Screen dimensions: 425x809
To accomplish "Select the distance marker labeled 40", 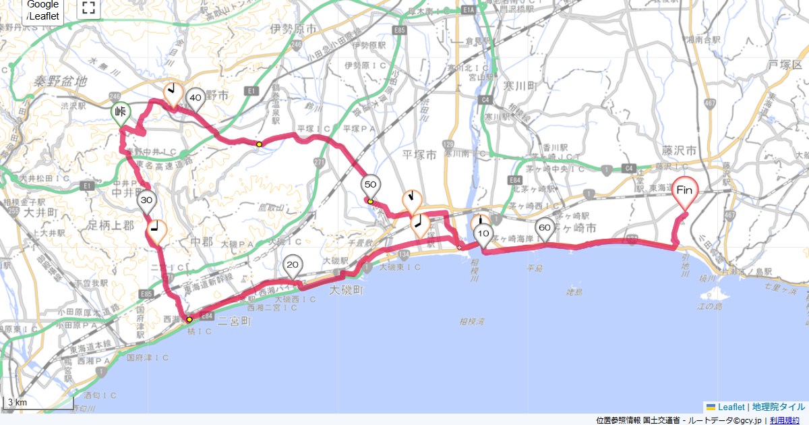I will click(196, 98).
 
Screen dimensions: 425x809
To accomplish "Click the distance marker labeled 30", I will click(147, 200).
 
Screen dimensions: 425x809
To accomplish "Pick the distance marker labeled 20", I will click(292, 264).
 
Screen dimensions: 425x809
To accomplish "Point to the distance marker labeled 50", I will click(371, 184).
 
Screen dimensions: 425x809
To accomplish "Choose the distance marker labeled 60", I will click(545, 228).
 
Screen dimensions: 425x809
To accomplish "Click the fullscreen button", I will click(88, 8).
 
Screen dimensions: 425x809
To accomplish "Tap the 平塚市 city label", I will click(421, 154).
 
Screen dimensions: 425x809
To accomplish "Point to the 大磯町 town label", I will click(346, 290).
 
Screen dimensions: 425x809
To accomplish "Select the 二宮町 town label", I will click(234, 322).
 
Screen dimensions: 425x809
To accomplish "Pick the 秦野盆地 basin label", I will click(61, 81).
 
